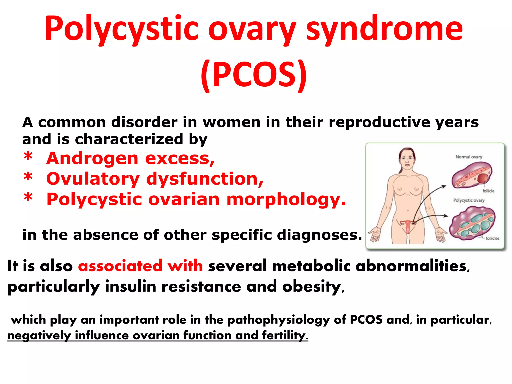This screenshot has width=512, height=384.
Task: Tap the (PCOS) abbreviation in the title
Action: (254, 75)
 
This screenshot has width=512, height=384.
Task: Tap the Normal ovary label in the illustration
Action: (469, 157)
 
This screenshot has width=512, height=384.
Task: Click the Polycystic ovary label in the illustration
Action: (469, 200)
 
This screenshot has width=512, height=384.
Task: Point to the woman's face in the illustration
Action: (407, 158)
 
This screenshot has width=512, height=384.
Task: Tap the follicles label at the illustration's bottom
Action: (492, 238)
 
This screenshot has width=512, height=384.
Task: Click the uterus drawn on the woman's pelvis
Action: (408, 225)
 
